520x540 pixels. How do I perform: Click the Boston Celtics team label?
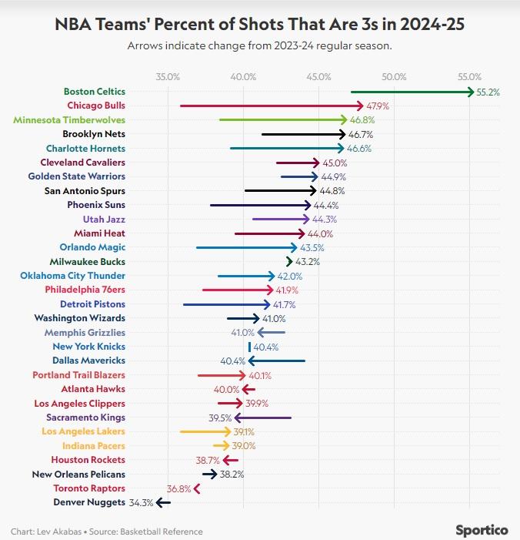coord(94,91)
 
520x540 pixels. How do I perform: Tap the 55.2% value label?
coord(488,92)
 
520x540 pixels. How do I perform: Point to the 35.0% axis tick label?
coord(168,76)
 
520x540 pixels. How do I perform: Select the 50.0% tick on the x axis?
coord(394,76)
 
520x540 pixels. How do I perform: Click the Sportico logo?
coord(482,530)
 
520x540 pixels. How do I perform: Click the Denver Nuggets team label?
coord(88,502)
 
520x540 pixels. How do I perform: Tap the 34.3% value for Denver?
coord(141,502)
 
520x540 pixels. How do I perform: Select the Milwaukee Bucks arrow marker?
coord(289,261)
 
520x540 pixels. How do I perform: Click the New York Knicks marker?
coord(249,347)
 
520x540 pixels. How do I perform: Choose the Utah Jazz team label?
coord(104,219)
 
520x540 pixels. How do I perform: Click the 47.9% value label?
coord(378,106)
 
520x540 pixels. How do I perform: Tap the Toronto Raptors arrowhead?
coord(197,488)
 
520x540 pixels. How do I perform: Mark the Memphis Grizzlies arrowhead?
coord(260,332)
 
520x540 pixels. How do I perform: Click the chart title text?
coord(259,25)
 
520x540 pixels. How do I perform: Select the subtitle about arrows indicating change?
coord(259,45)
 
